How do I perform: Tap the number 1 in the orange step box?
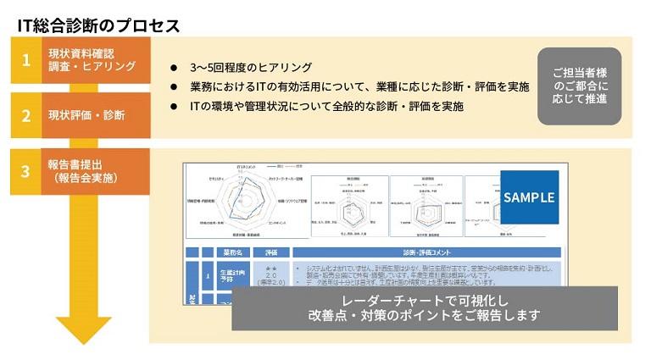26,60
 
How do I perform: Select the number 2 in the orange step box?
26,116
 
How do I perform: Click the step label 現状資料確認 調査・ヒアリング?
92,60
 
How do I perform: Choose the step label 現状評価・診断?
86,116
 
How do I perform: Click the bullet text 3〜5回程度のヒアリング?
250,68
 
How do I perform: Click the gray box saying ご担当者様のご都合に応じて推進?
579,86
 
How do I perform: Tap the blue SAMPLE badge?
529,197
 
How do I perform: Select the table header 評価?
272,253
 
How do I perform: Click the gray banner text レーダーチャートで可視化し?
425,301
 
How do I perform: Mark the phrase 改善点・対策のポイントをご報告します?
425,317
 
